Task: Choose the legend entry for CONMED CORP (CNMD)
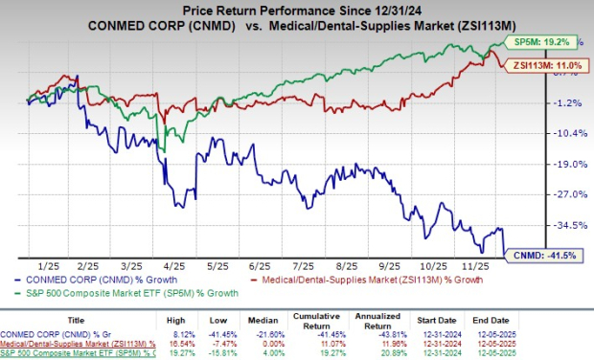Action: [x=77, y=281]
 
